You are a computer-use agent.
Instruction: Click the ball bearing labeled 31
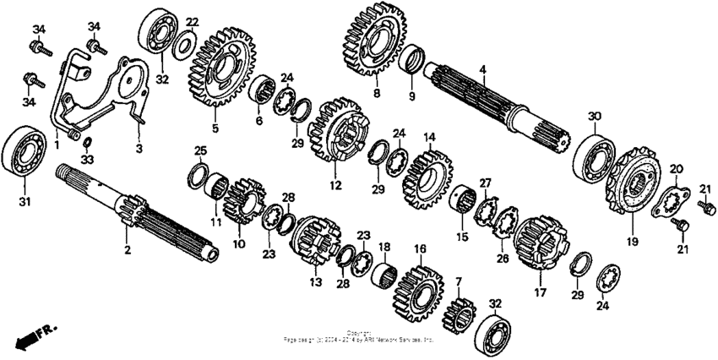(x=26, y=153)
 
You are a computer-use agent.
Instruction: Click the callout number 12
(x=335, y=185)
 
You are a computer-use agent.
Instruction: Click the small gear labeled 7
(x=461, y=314)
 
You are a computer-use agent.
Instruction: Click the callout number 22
(x=193, y=22)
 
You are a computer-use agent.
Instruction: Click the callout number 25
(x=199, y=151)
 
